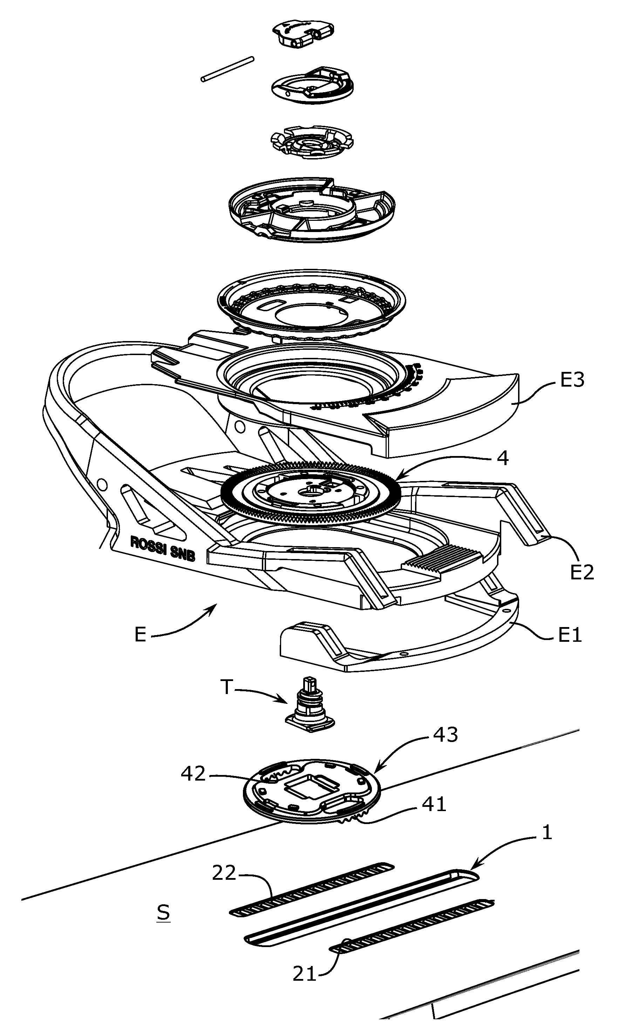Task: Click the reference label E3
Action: pos(572,380)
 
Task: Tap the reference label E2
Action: pos(582,572)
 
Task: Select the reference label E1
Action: pos(570,635)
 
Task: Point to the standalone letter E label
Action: pos(140,635)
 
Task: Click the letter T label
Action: pos(226,687)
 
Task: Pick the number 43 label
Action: pos(445,734)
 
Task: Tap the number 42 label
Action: pos(193,774)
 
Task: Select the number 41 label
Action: pos(434,804)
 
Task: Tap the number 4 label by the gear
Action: pos(502,458)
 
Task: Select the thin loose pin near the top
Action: pos(227,69)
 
